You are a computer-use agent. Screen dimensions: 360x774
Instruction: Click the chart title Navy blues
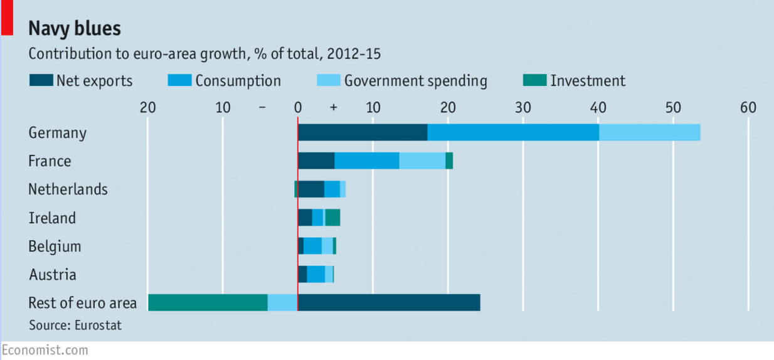point(75,28)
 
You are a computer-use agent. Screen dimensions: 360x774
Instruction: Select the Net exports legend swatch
point(41,81)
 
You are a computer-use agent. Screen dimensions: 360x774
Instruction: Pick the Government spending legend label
point(415,81)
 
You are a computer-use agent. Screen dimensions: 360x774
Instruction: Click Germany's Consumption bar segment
point(513,133)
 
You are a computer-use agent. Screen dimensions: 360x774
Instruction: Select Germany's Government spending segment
point(649,133)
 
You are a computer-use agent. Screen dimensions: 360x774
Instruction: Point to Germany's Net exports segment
point(363,133)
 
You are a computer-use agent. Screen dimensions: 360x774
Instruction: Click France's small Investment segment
point(449,161)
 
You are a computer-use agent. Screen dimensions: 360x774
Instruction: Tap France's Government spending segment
point(422,161)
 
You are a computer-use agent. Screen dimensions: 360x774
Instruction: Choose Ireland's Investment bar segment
point(332,218)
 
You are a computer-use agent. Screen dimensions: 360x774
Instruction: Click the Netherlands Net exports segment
point(310,189)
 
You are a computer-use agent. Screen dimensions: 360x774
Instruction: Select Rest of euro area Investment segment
point(208,302)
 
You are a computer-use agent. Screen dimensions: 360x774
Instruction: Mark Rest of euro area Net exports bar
point(389,302)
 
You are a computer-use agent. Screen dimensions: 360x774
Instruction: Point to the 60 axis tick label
point(748,107)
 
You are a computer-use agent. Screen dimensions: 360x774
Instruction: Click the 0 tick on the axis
point(298,107)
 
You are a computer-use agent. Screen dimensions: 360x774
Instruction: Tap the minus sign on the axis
point(262,107)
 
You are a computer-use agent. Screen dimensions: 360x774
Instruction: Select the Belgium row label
point(55,246)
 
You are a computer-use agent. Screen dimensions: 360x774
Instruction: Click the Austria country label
point(52,275)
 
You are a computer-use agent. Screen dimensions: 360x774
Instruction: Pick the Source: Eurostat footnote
point(75,325)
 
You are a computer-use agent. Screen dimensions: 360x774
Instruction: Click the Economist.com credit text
point(45,350)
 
